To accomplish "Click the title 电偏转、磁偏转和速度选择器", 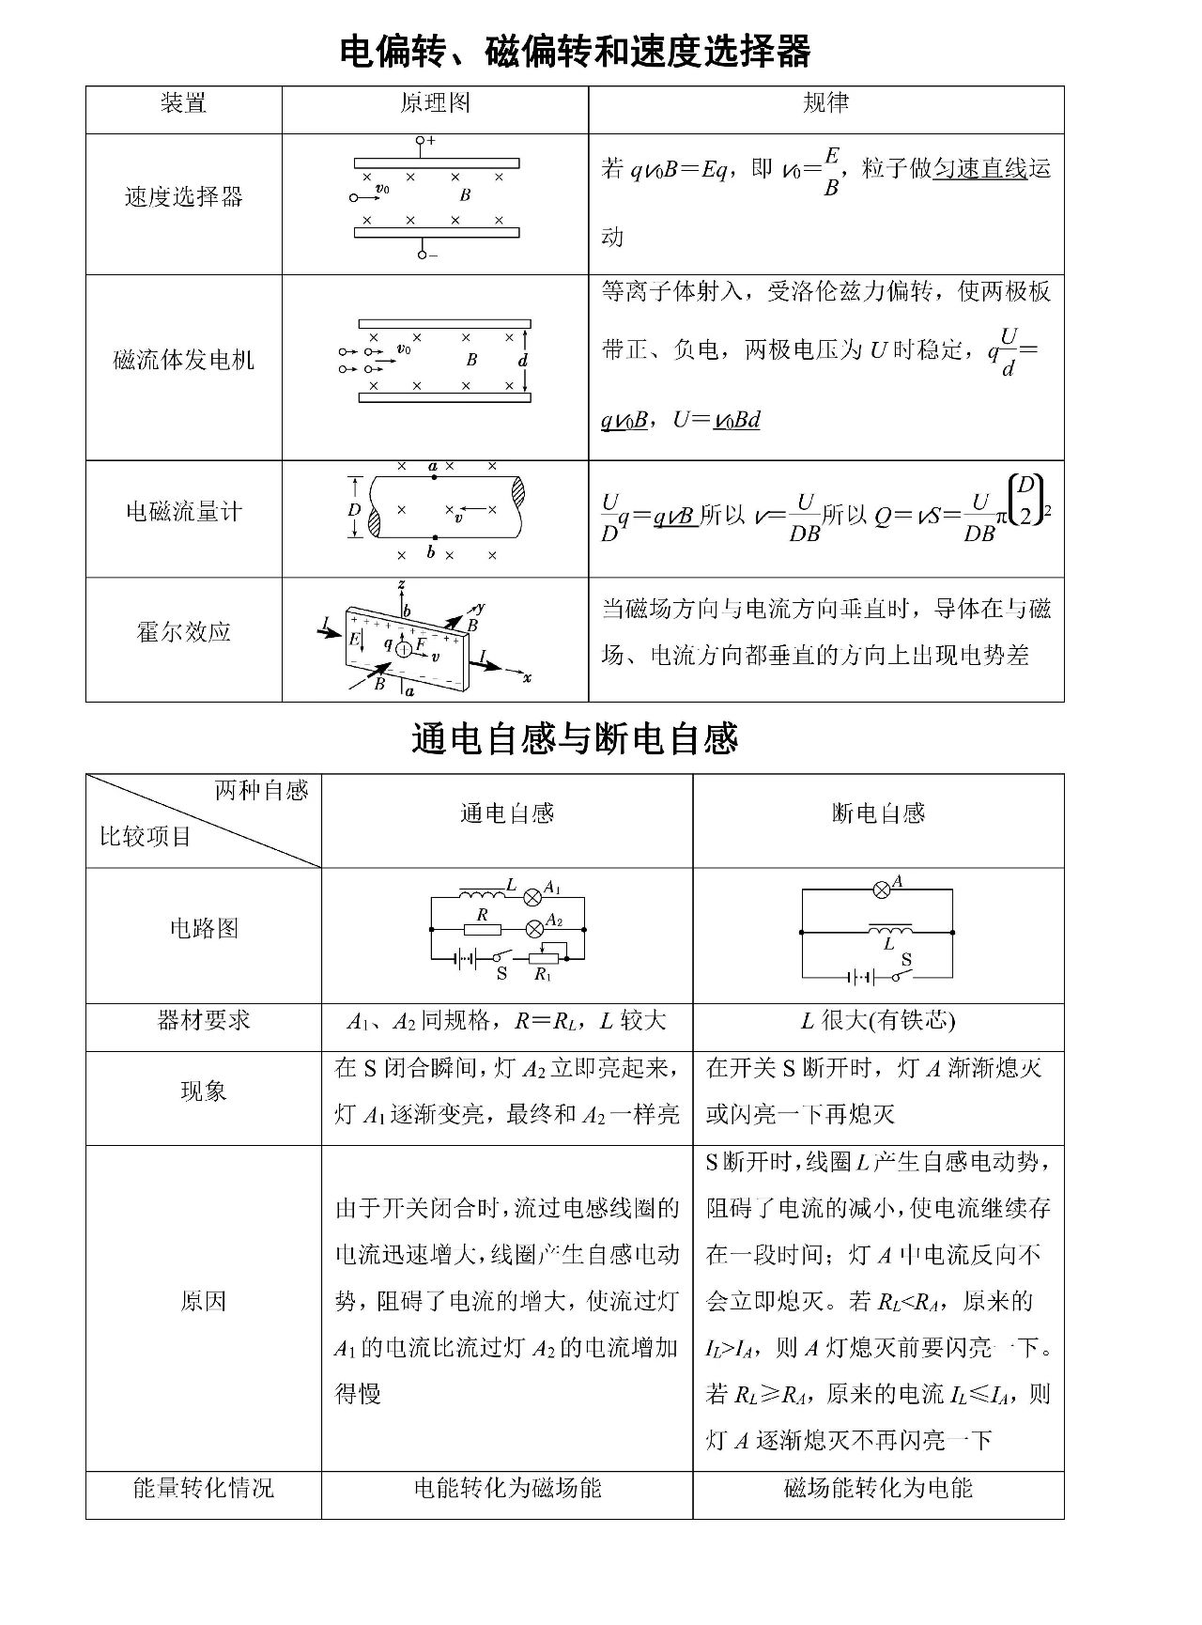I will coord(575,51).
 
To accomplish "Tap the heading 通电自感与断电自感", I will coord(575,739).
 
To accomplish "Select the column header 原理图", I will coord(435,103).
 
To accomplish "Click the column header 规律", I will coord(825,103).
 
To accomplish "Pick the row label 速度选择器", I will coord(183,196).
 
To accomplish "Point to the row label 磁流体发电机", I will coord(183,360).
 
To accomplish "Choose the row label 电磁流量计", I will coord(183,511).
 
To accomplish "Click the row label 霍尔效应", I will coord(183,631).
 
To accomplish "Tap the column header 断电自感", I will coord(878,813).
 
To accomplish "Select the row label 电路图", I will coord(204,928).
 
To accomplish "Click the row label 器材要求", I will coord(204,1020).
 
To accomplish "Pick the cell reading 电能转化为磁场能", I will coord(507,1488).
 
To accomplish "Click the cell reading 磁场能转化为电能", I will coord(878,1488).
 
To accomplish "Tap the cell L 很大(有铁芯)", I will coord(878,1020).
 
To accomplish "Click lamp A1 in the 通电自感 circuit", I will coord(532,893).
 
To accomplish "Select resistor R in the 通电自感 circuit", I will coord(482,929).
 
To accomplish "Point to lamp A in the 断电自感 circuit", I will coord(881,890).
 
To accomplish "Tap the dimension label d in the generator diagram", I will coord(523,360).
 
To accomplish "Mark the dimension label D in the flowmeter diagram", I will coord(354,510).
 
